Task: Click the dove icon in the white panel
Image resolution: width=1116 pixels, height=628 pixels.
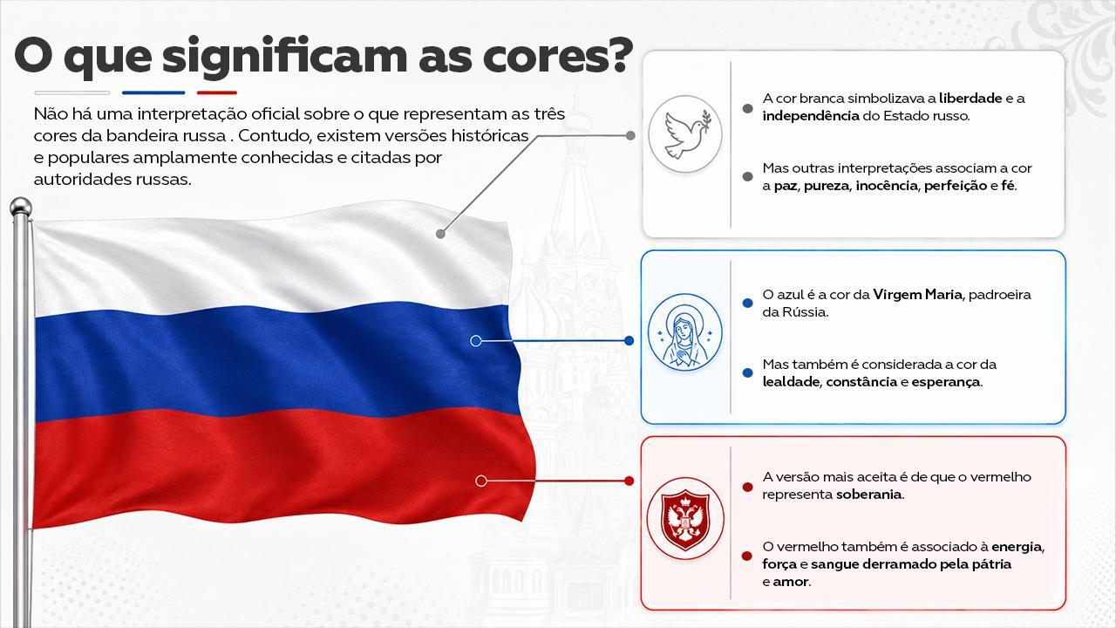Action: point(685,134)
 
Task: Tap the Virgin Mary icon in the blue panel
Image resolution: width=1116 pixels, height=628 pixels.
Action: point(685,332)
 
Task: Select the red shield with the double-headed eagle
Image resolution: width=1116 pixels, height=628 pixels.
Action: point(685,519)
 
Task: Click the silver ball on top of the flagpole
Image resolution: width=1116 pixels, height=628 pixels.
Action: point(20,207)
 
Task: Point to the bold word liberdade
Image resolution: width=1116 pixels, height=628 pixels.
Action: point(970,99)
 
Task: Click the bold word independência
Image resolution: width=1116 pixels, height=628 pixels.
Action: point(811,116)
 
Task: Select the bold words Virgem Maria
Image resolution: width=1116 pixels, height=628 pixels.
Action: point(917,295)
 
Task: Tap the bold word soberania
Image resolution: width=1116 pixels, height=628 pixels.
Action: point(869,495)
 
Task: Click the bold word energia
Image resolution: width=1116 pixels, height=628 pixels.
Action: point(1017,547)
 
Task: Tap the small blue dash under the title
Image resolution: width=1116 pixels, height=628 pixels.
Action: point(153,92)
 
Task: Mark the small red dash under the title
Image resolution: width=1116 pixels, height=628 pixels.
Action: point(217,92)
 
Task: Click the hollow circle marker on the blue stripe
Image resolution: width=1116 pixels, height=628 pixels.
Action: point(476,341)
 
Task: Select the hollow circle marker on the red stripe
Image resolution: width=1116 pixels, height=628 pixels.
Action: point(481,481)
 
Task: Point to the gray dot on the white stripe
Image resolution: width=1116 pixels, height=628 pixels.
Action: point(440,234)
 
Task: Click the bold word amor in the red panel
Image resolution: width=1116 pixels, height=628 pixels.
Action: point(790,582)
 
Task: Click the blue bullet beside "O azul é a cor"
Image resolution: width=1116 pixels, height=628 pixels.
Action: point(747,303)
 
